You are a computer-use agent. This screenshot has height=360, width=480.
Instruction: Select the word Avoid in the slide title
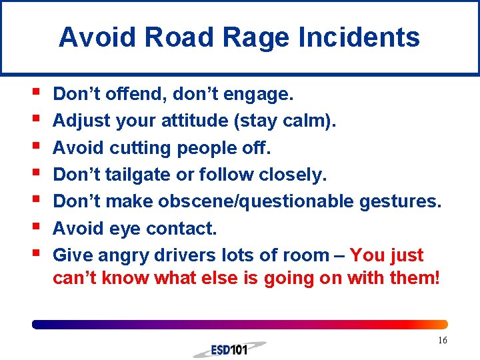click(x=97, y=37)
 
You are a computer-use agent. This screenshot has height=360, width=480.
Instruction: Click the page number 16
click(x=442, y=341)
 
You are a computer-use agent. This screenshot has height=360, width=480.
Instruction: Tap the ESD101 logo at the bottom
click(x=229, y=349)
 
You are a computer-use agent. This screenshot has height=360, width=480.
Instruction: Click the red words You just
click(x=386, y=255)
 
